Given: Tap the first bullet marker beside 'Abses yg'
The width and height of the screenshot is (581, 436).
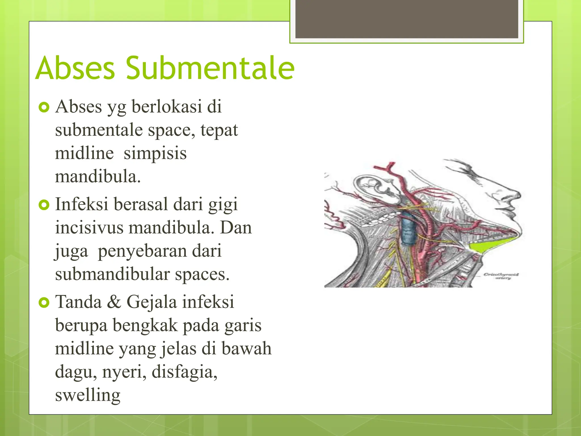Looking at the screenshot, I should tap(44, 107).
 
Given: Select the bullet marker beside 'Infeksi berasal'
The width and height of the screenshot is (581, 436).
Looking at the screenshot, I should tap(44, 205).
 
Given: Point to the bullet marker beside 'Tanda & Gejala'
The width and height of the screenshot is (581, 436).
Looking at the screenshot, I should tap(44, 302).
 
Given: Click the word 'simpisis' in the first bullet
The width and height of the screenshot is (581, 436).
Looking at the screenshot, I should tap(155, 153).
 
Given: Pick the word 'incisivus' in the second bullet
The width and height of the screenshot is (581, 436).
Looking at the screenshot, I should tap(89, 228).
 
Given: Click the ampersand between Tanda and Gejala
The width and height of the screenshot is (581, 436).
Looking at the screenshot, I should tap(114, 302).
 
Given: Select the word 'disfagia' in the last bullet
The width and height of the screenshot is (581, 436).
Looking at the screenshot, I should tap(184, 372).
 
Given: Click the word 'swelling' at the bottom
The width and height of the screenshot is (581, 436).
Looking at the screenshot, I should tap(88, 395).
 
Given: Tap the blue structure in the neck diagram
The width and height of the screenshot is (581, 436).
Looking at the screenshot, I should tap(408, 230).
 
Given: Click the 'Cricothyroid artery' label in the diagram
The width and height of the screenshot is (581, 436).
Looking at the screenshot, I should tap(501, 276).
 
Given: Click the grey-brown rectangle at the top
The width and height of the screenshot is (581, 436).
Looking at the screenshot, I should tap(407, 19).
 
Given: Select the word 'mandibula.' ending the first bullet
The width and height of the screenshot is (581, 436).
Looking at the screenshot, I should tap(98, 177).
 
